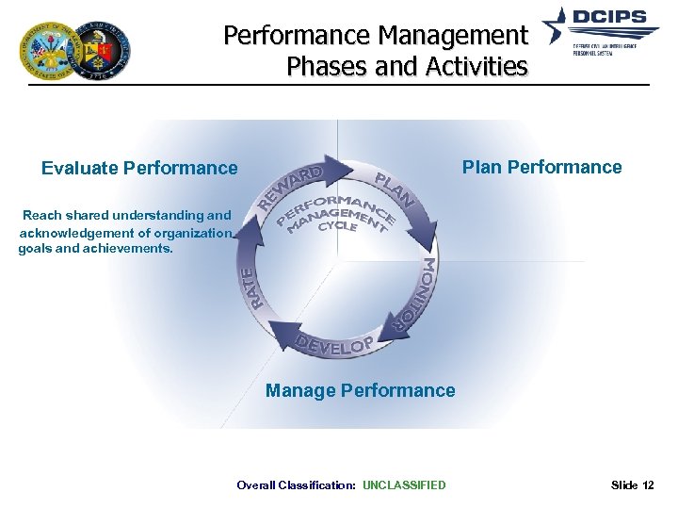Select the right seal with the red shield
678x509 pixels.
click(101, 51)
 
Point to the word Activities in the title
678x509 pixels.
click(477, 67)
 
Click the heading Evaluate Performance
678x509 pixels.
click(139, 169)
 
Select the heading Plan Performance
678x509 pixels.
click(541, 168)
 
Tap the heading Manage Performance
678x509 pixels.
click(360, 390)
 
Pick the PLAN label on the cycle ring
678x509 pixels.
click(395, 188)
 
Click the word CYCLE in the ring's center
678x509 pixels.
click(337, 227)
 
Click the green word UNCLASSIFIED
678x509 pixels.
click(404, 485)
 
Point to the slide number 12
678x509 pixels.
click(647, 485)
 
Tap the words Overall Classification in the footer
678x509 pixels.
click(296, 485)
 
